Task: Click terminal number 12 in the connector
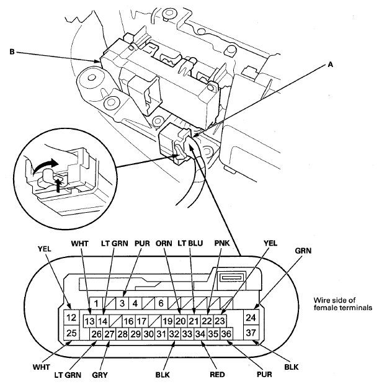coord(71,318)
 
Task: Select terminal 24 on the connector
coord(251,318)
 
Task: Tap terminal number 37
coord(251,333)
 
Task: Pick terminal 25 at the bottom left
coord(71,333)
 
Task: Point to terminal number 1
coord(96,303)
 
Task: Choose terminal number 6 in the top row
coord(161,303)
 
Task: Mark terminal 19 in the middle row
coord(167,321)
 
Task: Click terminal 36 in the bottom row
coord(226,334)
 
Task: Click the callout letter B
coord(12,52)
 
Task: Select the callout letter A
coord(330,65)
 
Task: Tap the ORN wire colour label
coord(164,243)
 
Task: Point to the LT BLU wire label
coord(190,243)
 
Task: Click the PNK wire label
coord(222,243)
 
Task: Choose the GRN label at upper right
coord(303,251)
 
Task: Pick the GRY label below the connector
coord(100,375)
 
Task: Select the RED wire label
coord(217,375)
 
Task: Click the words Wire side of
coord(334,300)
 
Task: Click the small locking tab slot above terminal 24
coord(231,277)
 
